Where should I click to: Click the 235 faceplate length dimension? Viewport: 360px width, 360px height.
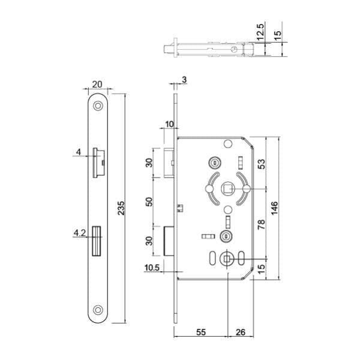121,208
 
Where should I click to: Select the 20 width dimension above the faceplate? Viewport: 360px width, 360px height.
97,84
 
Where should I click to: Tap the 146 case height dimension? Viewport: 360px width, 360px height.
274,208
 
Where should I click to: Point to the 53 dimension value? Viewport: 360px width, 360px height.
261,164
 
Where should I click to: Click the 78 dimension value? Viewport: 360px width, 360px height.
261,224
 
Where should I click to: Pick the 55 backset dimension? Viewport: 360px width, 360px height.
200,332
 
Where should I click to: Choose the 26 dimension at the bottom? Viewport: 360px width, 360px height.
241,332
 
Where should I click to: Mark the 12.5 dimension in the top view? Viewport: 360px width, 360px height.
260,31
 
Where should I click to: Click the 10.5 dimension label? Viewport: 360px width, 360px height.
152,268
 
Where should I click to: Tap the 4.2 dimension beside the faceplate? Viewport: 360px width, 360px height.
79,233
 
